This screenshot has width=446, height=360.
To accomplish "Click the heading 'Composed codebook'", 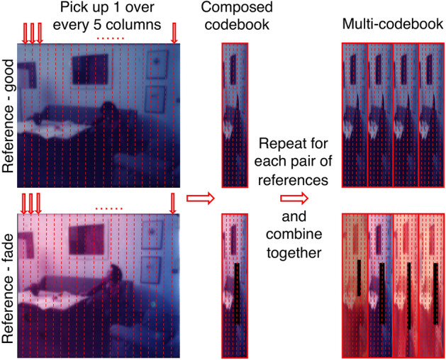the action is pos(234,18).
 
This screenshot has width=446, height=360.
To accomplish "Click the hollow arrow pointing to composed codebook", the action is pos(198,200).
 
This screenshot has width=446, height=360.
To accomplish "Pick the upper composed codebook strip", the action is pos(234,115).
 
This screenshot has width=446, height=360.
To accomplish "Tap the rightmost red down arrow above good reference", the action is pos(174,31).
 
